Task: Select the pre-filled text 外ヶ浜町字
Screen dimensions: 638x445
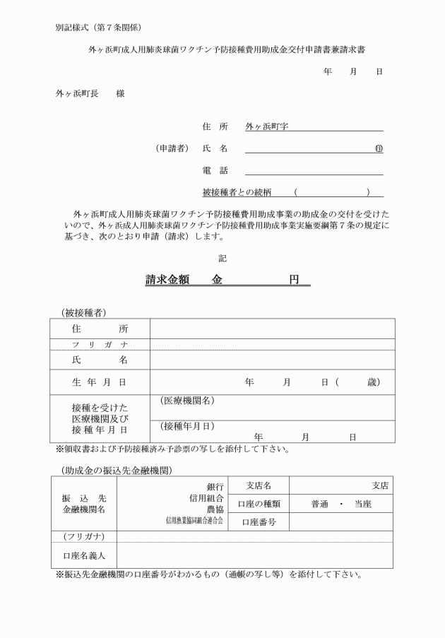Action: [x=271, y=127]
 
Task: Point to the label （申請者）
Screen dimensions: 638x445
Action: [x=172, y=149]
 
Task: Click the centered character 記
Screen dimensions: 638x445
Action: [x=222, y=259]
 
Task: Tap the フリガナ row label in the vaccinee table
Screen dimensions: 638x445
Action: [x=100, y=344]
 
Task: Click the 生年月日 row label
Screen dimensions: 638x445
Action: [x=100, y=382]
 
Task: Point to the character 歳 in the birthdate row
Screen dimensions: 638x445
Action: [x=372, y=382]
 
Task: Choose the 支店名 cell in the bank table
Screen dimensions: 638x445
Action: [x=258, y=485]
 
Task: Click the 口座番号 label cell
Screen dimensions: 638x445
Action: [x=258, y=523]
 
